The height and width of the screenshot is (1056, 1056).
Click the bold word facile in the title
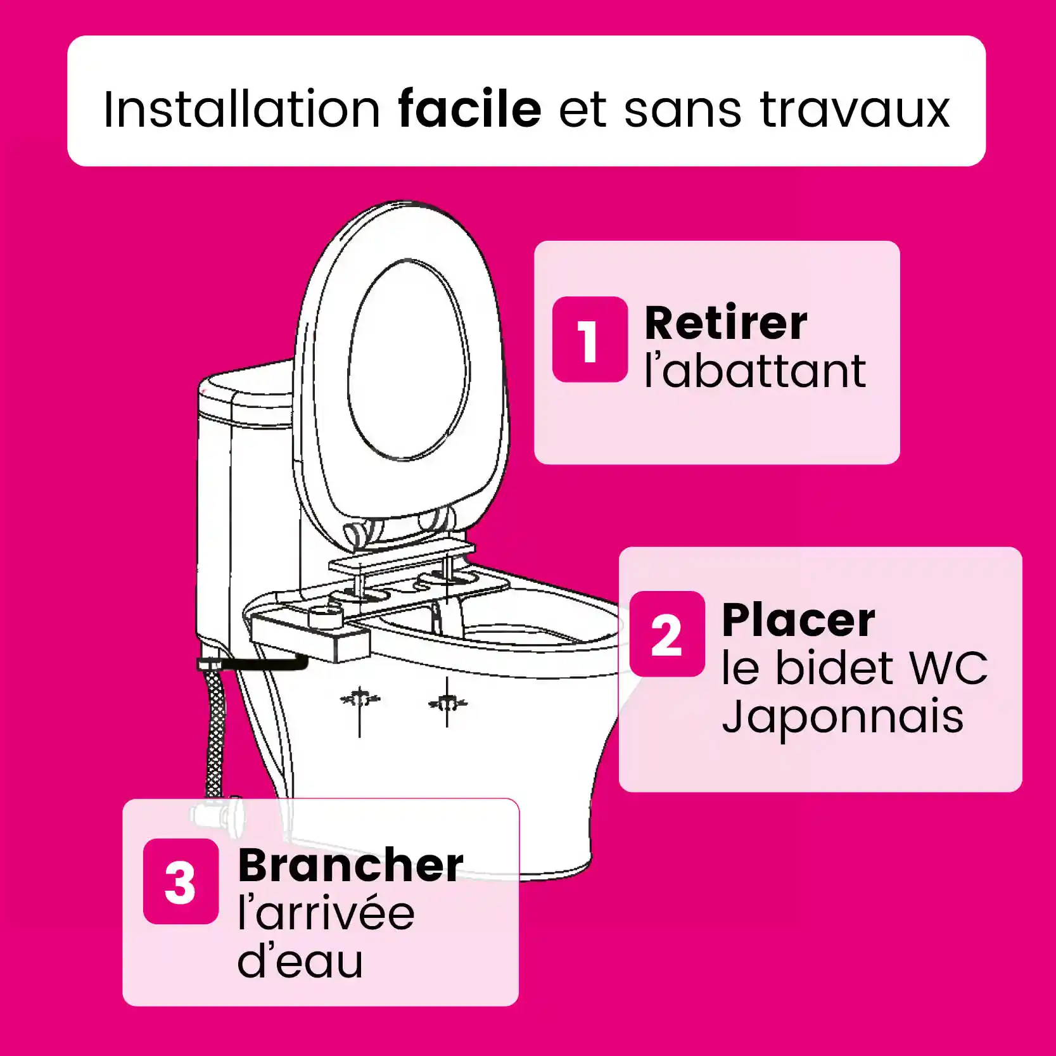coord(469,109)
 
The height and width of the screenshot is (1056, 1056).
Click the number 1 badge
coord(590,340)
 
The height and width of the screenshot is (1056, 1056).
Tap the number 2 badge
coord(666,634)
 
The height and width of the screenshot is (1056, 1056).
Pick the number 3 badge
coord(181,881)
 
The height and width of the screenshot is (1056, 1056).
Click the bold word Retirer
coord(726,323)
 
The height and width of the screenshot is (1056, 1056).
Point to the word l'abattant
coord(755,371)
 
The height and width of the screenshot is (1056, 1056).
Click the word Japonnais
coord(843,718)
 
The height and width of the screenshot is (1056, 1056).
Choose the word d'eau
coord(300,960)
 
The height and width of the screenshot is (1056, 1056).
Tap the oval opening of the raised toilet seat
coord(409,359)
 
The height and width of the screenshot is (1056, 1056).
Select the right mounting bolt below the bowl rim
coord(447,703)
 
